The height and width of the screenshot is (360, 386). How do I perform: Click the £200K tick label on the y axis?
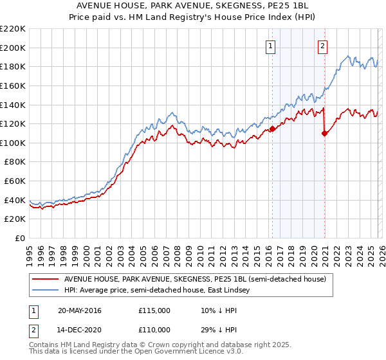click(13, 48)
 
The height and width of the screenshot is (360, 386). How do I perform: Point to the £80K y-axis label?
click(15, 162)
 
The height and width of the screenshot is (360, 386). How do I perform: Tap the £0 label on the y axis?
click(20, 239)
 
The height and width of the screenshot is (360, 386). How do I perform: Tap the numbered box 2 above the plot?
click(322, 46)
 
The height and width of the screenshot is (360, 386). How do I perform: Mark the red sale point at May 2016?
click(272, 129)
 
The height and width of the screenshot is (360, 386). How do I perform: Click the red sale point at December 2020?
click(324, 133)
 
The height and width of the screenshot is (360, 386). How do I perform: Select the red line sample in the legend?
click(46, 280)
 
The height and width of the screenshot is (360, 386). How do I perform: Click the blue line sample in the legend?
click(46, 291)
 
